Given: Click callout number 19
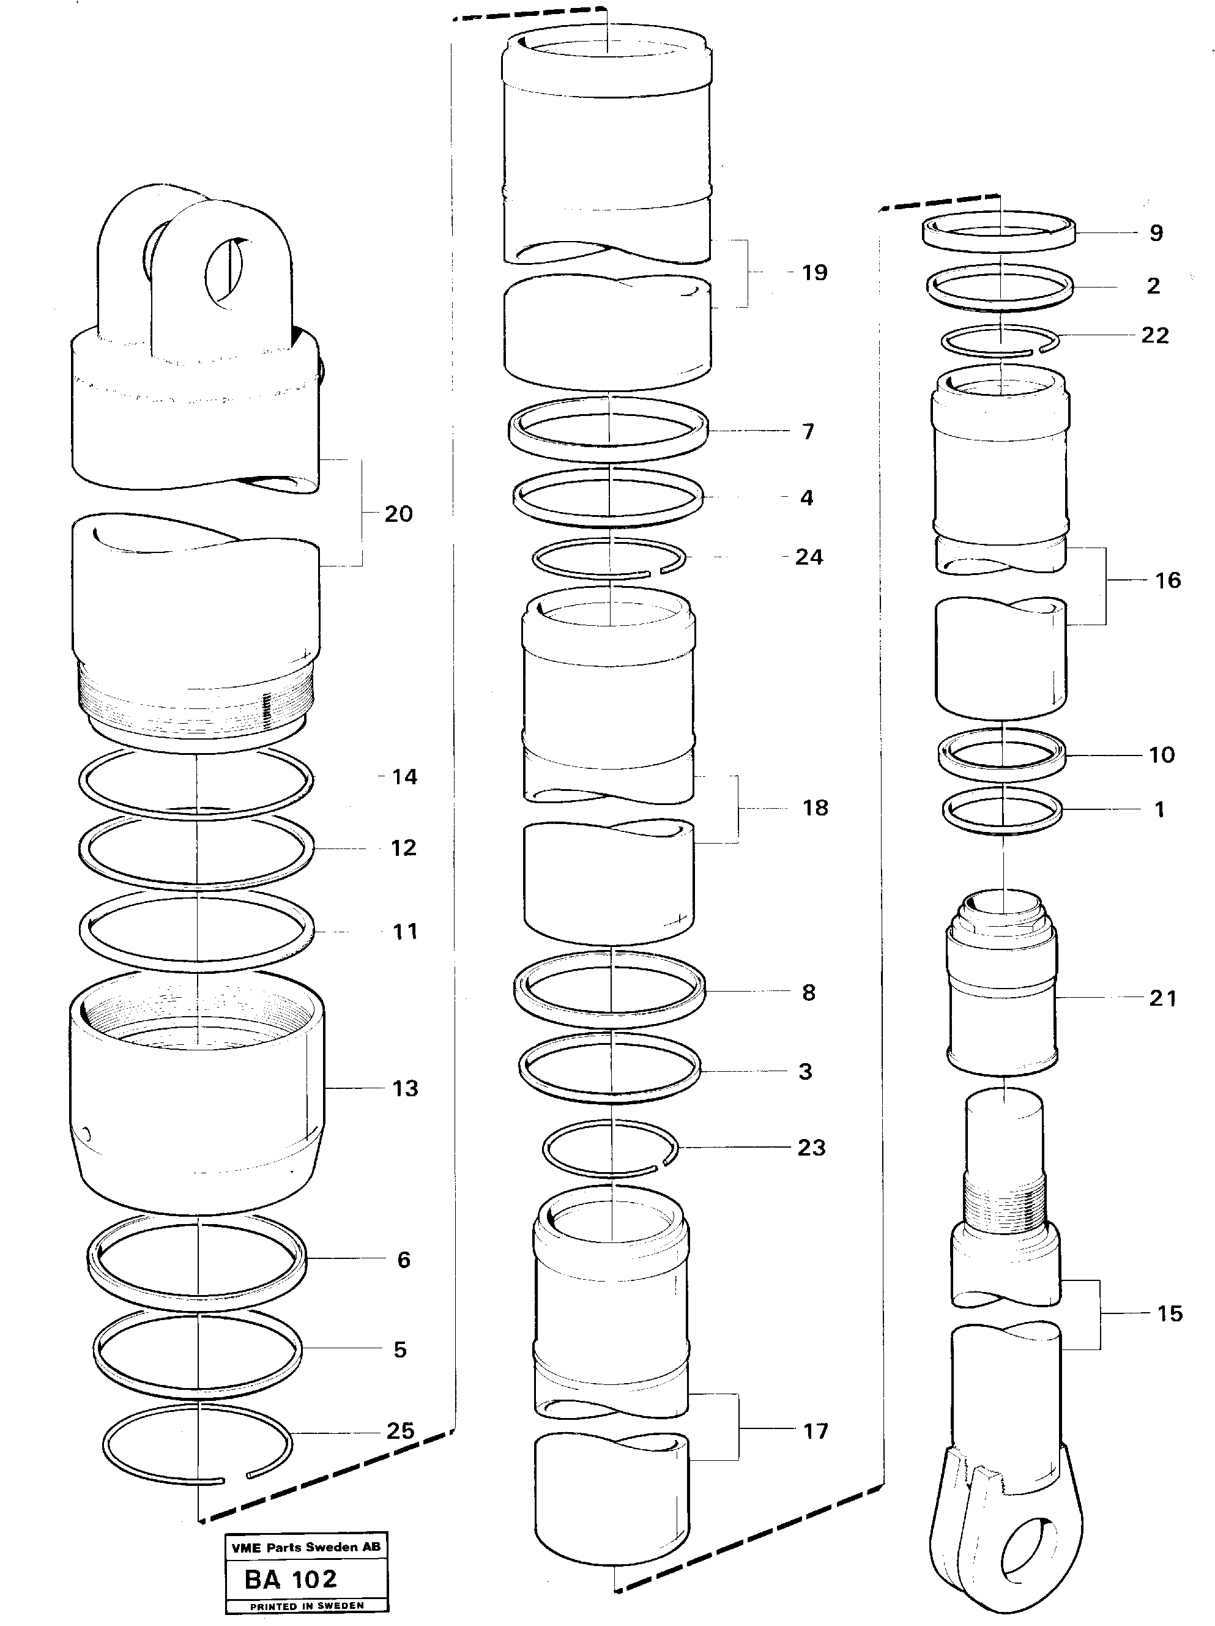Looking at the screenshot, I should [x=814, y=273].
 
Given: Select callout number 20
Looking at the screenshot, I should [x=398, y=514].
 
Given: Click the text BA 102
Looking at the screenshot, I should [x=291, y=1579].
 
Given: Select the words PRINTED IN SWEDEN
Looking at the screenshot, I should [x=307, y=1606].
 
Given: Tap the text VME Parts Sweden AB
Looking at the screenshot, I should [x=306, y=1547].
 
